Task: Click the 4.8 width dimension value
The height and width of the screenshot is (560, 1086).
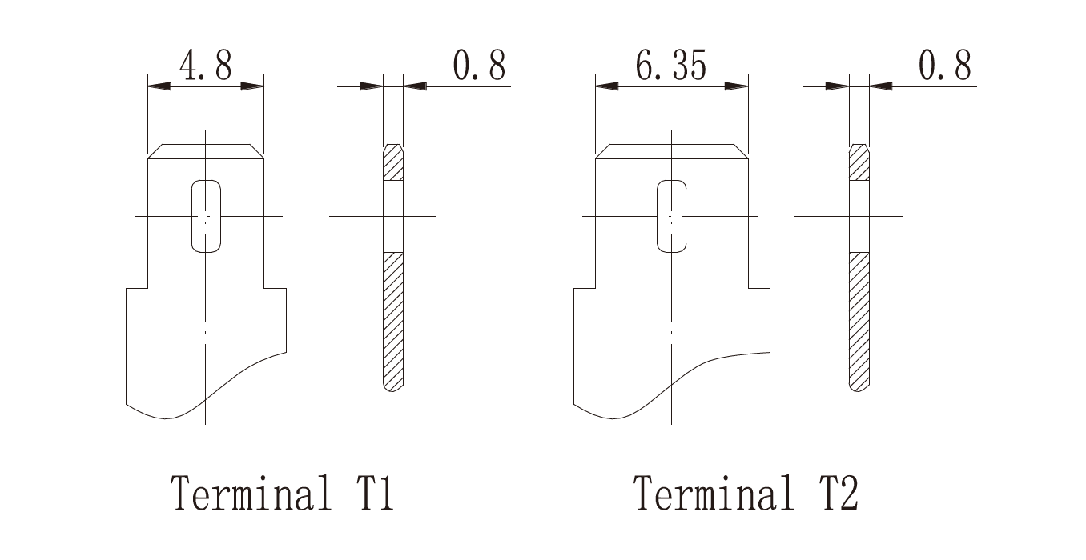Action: pyautogui.click(x=206, y=65)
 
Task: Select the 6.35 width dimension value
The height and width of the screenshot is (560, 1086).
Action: pyautogui.click(x=671, y=65)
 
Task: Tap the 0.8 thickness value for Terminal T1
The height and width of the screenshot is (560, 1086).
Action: pyautogui.click(x=479, y=65)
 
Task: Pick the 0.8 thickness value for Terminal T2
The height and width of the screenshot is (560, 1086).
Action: pyautogui.click(x=945, y=65)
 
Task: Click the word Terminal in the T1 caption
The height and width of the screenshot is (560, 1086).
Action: pyautogui.click(x=251, y=493)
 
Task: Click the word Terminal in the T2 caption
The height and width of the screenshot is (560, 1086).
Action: pyautogui.click(x=714, y=493)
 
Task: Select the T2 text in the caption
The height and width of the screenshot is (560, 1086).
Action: pyautogui.click(x=839, y=493)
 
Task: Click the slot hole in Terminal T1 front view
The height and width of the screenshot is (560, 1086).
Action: pyautogui.click(x=206, y=216)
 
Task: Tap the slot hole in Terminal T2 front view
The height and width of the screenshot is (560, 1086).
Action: pyautogui.click(x=671, y=216)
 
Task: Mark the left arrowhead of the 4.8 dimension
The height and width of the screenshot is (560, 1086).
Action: pyautogui.click(x=159, y=86)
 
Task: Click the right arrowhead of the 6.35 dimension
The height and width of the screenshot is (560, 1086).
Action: pyautogui.click(x=737, y=86)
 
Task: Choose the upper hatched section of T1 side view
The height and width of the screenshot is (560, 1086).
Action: pyautogui.click(x=393, y=162)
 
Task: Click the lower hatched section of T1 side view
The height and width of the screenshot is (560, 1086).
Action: pyautogui.click(x=393, y=322)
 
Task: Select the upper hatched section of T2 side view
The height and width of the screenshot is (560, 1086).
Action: pyautogui.click(x=859, y=162)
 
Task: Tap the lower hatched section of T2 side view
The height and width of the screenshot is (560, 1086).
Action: pyautogui.click(x=859, y=322)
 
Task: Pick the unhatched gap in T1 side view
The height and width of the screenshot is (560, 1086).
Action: pyautogui.click(x=393, y=217)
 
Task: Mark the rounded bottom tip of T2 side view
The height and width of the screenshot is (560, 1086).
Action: pyautogui.click(x=859, y=387)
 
